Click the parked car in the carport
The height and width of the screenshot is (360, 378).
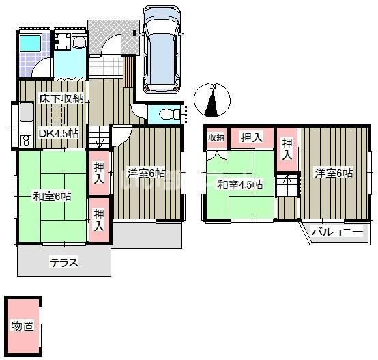click(x=161, y=49)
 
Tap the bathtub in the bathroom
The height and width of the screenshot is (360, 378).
click(x=30, y=43)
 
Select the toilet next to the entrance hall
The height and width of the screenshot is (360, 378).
click(x=170, y=114)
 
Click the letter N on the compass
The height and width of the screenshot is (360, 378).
click(x=213, y=87)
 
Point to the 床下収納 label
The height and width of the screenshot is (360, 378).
click(x=61, y=98)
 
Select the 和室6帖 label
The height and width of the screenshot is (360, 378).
click(x=52, y=196)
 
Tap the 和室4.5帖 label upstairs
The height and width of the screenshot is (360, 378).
click(x=240, y=185)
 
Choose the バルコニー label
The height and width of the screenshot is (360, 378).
click(x=337, y=232)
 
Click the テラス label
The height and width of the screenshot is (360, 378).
click(x=64, y=263)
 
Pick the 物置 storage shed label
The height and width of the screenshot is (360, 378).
click(x=23, y=326)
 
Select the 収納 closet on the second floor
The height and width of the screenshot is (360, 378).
click(x=216, y=137)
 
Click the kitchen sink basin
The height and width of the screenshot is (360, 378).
click(x=27, y=112)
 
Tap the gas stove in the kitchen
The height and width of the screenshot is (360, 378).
click(x=27, y=141)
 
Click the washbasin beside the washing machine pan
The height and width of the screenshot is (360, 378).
click(x=79, y=42)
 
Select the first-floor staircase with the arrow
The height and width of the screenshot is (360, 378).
click(x=99, y=137)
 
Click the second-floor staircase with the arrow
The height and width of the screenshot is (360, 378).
click(x=287, y=185)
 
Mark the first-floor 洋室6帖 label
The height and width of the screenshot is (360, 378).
click(x=146, y=173)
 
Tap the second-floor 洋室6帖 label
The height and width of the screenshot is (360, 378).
click(x=334, y=173)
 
